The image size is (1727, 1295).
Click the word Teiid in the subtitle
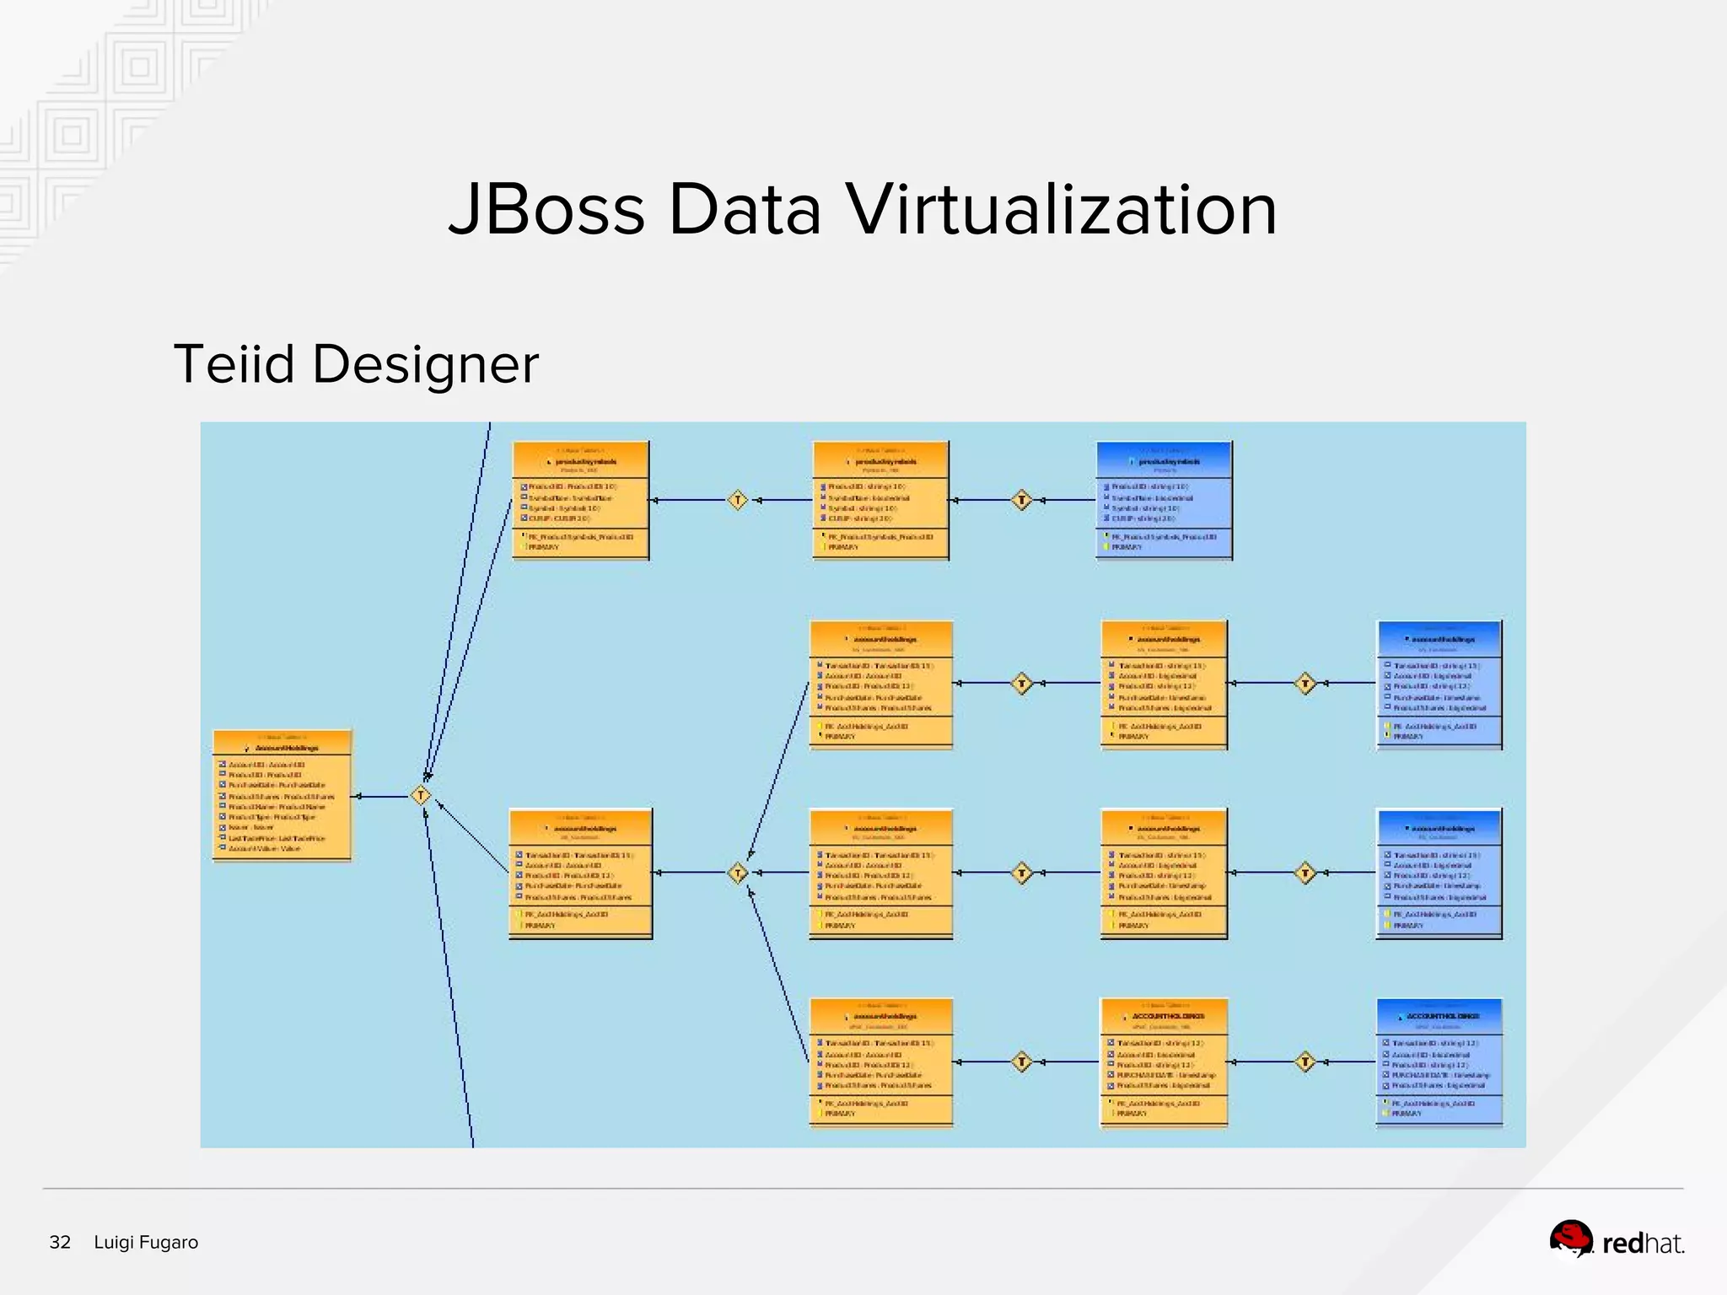point(234,364)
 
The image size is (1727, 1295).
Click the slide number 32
point(60,1242)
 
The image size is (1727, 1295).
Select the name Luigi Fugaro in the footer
point(146,1242)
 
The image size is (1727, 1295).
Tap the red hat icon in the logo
point(1571,1239)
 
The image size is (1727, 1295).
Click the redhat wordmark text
point(1643,1244)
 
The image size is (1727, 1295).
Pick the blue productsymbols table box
point(1164,500)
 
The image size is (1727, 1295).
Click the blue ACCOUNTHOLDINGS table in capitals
point(1439,1062)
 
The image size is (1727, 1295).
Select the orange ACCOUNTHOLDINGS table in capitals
point(1164,1062)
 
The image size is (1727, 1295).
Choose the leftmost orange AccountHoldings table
point(282,796)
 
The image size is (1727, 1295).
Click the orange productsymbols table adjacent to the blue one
point(880,500)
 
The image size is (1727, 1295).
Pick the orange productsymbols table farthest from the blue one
point(581,500)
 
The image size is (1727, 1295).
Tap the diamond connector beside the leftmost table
point(421,795)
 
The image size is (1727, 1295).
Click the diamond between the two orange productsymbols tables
point(738,500)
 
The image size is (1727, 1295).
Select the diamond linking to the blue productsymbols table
point(1022,500)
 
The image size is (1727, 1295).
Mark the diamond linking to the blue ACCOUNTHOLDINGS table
point(1305,1061)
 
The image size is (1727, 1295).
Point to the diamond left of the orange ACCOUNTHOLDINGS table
point(1022,1061)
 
